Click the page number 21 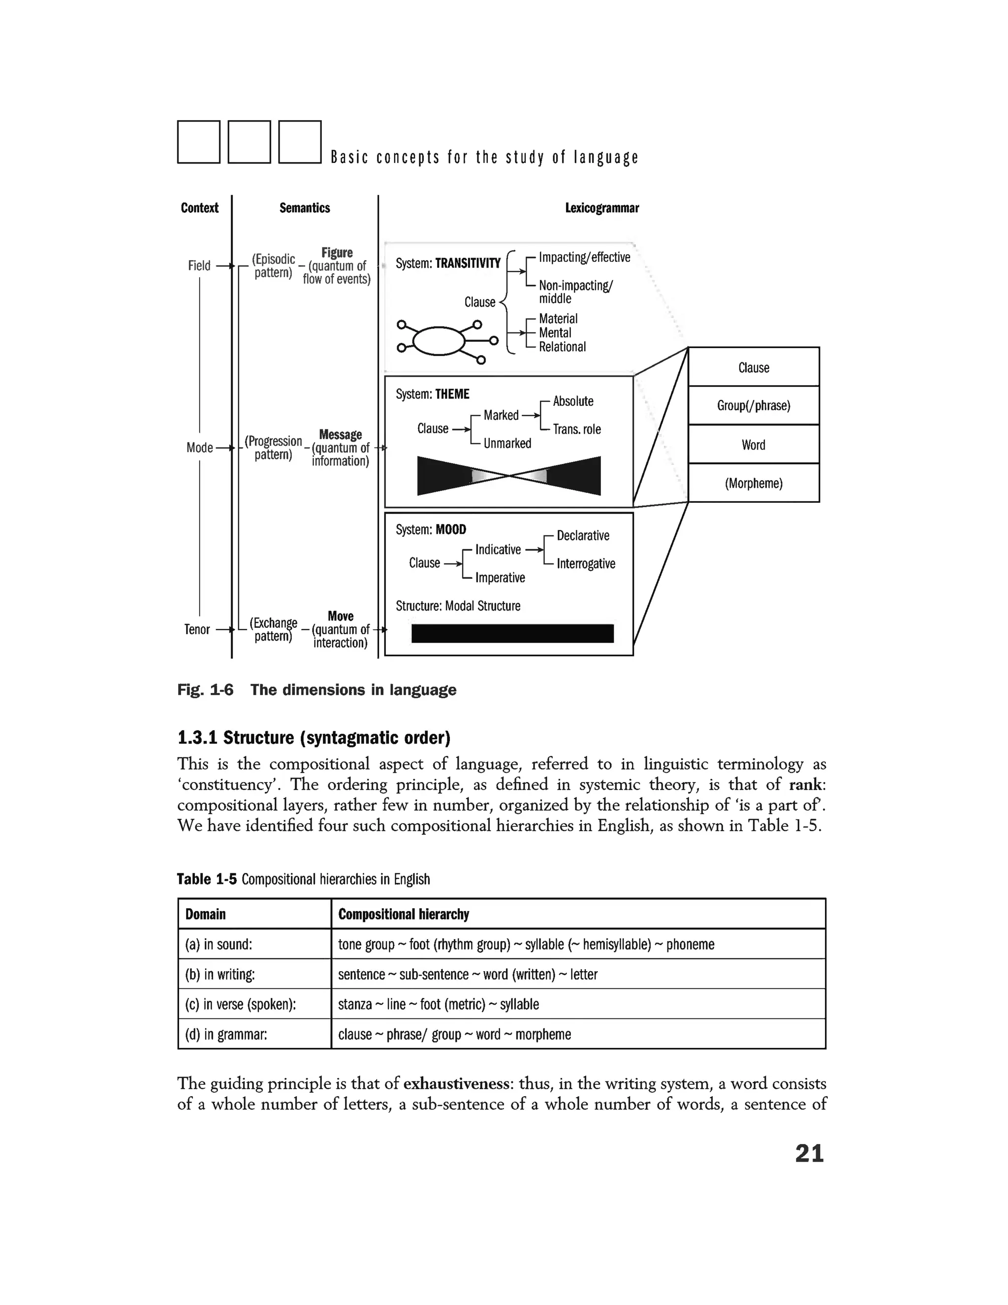(809, 1153)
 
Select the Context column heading (199, 208)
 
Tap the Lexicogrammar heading (602, 208)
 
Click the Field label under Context (199, 265)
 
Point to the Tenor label (197, 629)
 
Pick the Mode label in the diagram (199, 448)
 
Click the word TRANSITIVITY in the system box (468, 263)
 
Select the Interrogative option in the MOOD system (585, 563)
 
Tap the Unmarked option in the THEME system (507, 443)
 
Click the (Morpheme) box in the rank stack (754, 483)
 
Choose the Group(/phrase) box (754, 406)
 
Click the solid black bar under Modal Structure (512, 633)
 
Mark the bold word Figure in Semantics (337, 252)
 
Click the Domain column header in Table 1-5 (205, 914)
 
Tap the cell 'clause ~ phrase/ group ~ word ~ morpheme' (454, 1034)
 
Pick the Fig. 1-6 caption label (205, 690)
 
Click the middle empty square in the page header (250, 142)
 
